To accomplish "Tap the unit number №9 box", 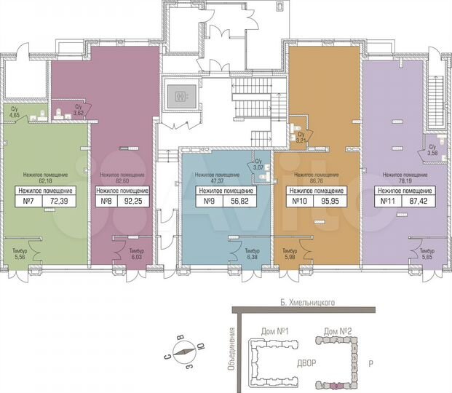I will click(x=208, y=201).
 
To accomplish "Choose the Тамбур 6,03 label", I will click(x=136, y=254).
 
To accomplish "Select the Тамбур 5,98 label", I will click(x=290, y=254).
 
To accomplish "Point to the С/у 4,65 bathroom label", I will click(x=15, y=113).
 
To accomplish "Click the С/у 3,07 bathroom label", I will click(x=258, y=164).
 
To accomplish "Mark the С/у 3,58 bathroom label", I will click(x=432, y=151).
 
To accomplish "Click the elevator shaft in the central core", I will click(x=178, y=95).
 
